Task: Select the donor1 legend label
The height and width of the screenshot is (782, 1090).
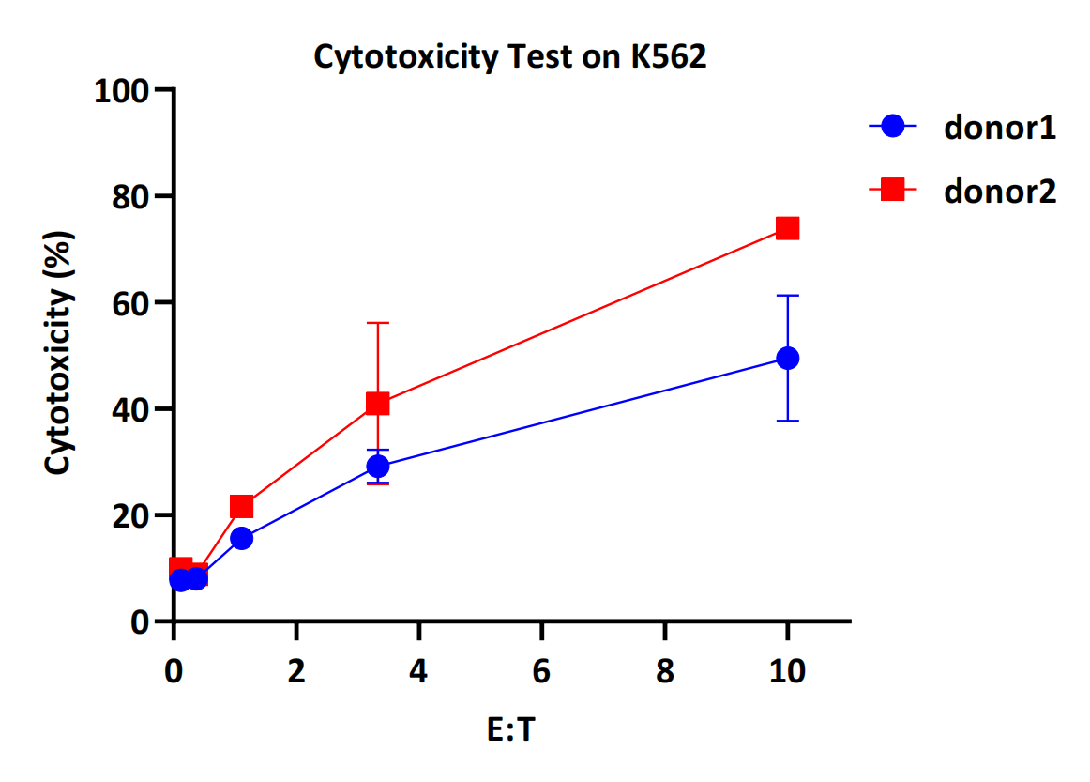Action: [1000, 128]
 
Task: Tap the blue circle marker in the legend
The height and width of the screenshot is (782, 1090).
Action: [893, 127]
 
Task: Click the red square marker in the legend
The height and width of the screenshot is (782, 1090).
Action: [893, 190]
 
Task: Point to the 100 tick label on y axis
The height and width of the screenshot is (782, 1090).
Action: [122, 91]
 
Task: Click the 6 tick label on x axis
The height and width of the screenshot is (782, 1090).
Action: [542, 672]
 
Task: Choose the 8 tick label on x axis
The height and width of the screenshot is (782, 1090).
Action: [665, 672]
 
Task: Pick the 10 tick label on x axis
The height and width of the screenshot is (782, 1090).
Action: [787, 672]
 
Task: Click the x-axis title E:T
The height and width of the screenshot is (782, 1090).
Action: [510, 730]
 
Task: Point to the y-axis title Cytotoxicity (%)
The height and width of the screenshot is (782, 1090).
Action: [58, 354]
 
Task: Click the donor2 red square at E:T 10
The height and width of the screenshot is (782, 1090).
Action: [787, 228]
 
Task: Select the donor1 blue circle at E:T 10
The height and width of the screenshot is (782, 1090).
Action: [788, 358]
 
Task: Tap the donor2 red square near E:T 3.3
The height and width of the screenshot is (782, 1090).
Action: [378, 404]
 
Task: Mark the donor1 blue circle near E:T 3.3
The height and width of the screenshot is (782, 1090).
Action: [378, 466]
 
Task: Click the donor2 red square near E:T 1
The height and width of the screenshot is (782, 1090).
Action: [241, 507]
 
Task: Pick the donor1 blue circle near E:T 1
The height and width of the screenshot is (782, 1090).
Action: [241, 538]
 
